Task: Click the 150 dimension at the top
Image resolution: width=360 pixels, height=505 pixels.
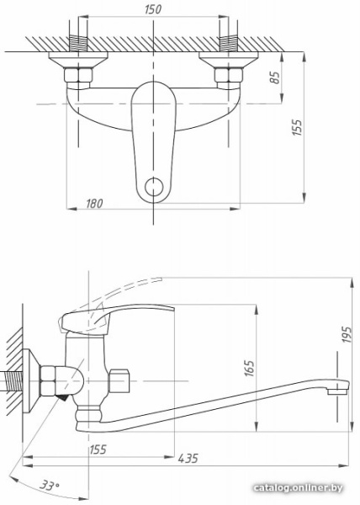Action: (152, 10)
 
